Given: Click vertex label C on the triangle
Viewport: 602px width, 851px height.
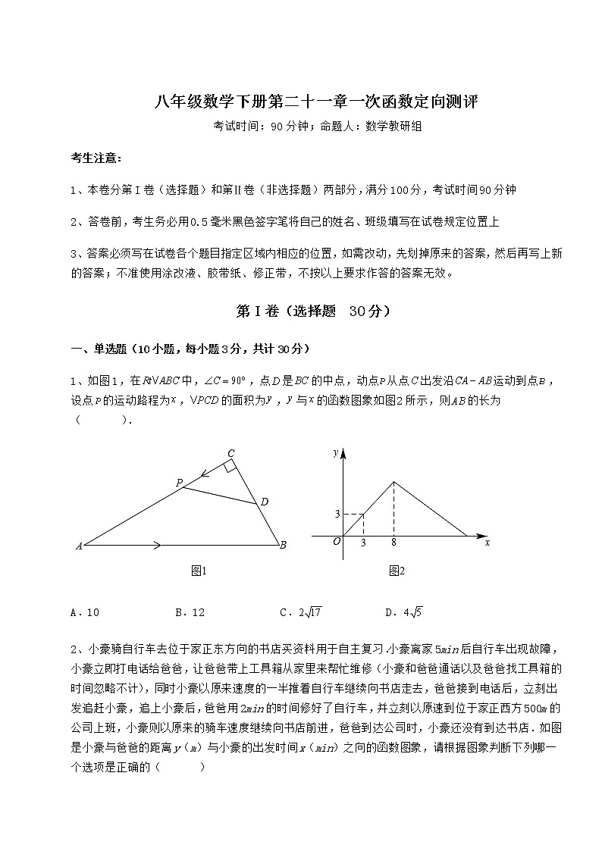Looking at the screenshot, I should point(231,453).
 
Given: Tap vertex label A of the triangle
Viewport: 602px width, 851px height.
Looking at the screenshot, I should point(78,545).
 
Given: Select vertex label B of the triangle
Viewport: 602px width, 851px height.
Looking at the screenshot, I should point(282,545).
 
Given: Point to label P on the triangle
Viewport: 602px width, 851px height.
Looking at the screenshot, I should point(179,483).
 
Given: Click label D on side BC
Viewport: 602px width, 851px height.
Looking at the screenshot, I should point(264,502).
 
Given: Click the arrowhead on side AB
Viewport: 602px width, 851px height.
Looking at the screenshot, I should point(156,544).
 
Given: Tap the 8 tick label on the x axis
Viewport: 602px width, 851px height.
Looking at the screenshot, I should point(393,543).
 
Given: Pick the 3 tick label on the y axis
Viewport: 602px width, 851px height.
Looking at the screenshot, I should point(337,515).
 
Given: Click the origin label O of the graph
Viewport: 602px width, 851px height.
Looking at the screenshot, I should point(337,542).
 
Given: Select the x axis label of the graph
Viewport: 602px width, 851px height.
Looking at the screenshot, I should point(487,543).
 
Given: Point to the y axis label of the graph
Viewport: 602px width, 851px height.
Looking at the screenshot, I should point(335,452).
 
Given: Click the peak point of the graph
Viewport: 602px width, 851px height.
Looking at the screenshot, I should point(393,481).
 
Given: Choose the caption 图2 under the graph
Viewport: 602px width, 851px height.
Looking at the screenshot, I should point(397,571).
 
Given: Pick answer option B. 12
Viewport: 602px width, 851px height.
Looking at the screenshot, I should point(190,612).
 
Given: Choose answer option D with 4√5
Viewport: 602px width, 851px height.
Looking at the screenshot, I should point(403,612).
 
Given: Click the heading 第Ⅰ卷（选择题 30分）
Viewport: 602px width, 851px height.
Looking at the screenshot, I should point(300,311).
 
